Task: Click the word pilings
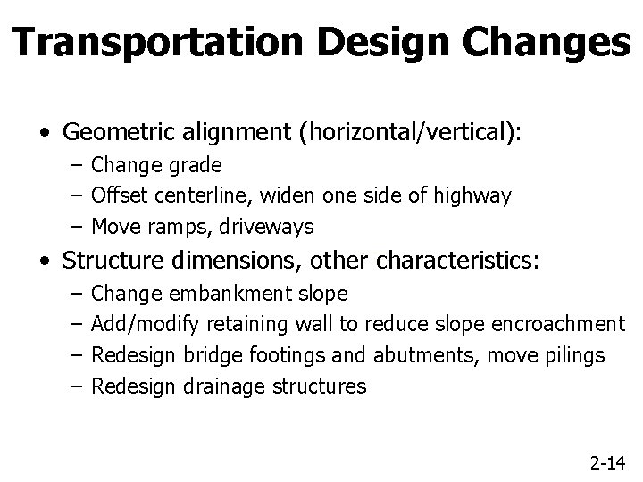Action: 576,355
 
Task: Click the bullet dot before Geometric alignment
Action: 44,134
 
